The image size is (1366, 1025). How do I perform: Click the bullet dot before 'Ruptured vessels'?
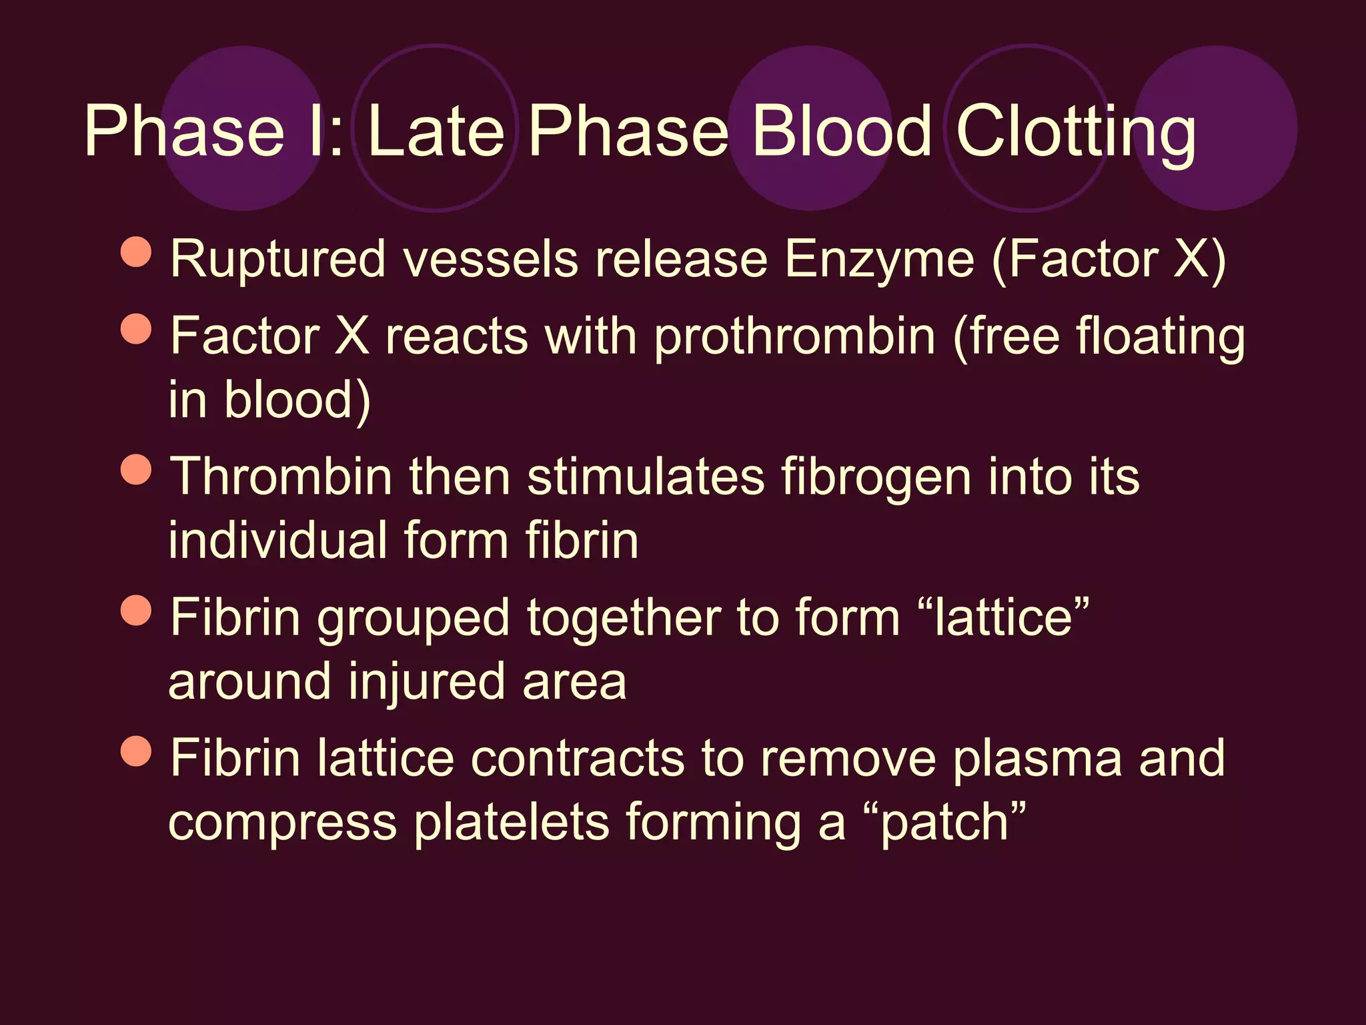(x=137, y=252)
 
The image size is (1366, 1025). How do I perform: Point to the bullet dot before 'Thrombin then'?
(x=137, y=469)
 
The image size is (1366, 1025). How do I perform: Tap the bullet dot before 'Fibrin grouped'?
(x=137, y=610)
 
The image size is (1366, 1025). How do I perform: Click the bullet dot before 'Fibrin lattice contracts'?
(x=137, y=751)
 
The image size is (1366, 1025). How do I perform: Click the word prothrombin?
(x=794, y=337)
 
